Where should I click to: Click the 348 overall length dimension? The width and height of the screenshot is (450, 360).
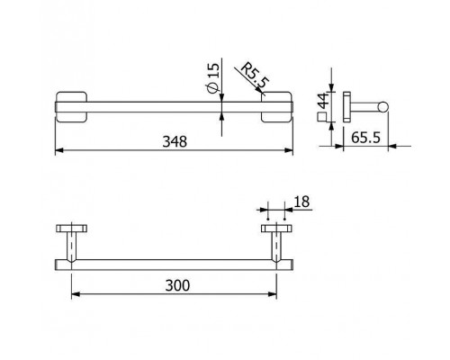(x=175, y=141)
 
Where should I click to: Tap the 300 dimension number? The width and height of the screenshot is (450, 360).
(x=177, y=285)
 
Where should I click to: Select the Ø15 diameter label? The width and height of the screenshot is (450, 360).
(x=213, y=78)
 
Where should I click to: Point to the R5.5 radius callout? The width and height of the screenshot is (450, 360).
(x=255, y=75)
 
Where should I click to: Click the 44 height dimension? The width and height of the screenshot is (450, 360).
(x=323, y=101)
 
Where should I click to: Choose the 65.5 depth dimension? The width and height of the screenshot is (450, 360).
(x=365, y=138)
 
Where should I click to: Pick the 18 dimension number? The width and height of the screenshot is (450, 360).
(x=301, y=202)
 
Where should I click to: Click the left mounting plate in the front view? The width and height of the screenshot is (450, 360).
(x=71, y=107)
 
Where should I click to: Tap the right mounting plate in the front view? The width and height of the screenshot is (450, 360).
(x=276, y=107)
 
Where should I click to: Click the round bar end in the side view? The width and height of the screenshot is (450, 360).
(x=382, y=107)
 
